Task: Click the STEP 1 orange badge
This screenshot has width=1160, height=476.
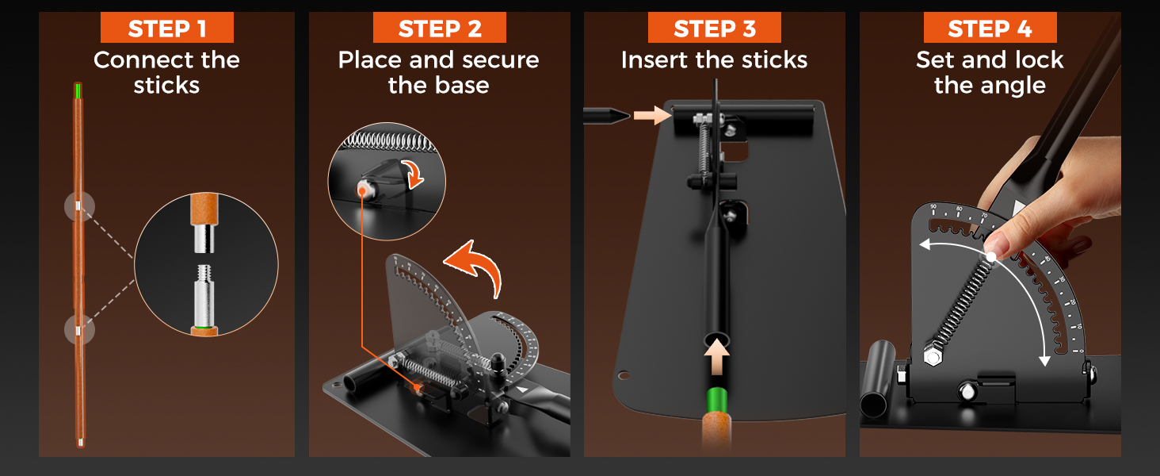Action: pos(166,28)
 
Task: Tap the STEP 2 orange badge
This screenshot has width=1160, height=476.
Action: pos(439,28)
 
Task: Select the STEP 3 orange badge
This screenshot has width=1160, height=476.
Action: pos(714,28)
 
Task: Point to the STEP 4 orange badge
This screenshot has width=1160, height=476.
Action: pos(990,28)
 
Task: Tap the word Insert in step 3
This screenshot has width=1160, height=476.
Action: pos(655,60)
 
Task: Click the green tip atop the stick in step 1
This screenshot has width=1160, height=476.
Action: pos(78,90)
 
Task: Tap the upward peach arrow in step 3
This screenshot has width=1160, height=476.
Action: pos(717,356)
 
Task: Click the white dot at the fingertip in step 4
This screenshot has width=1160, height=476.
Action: pos(990,257)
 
